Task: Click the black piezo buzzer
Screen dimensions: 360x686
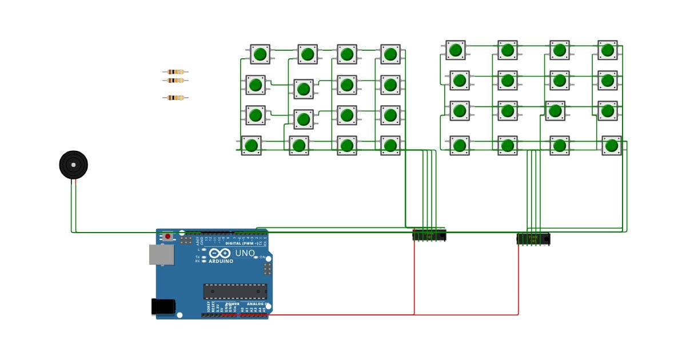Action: pyautogui.click(x=74, y=165)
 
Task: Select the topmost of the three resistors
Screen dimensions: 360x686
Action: pyautogui.click(x=175, y=72)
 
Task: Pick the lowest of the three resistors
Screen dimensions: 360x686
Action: pyautogui.click(x=175, y=98)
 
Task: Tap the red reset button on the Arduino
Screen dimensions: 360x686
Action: pyautogui.click(x=167, y=236)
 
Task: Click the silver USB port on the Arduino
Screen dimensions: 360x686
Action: pyautogui.click(x=161, y=255)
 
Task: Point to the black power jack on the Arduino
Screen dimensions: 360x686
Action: pyautogui.click(x=163, y=307)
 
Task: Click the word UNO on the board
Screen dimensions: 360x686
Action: pyautogui.click(x=245, y=253)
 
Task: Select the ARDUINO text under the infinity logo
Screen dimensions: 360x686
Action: pyautogui.click(x=221, y=261)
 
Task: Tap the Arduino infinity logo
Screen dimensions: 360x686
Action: pyautogui.click(x=220, y=253)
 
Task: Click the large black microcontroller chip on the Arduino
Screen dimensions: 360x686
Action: pyautogui.click(x=235, y=291)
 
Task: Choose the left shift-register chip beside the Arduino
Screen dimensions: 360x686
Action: pyautogui.click(x=429, y=235)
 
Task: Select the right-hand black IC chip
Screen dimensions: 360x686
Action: pyautogui.click(x=533, y=239)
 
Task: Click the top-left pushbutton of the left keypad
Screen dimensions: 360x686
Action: pyautogui.click(x=260, y=54)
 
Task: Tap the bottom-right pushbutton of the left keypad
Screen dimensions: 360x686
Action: pyautogui.click(x=390, y=145)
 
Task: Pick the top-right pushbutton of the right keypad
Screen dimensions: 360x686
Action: pyautogui.click(x=608, y=50)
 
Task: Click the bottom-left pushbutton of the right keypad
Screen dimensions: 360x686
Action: pyautogui.click(x=459, y=145)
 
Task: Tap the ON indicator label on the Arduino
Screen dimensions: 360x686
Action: pyautogui.click(x=262, y=258)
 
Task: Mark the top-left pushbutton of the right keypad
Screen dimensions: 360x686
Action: pyautogui.click(x=456, y=50)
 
